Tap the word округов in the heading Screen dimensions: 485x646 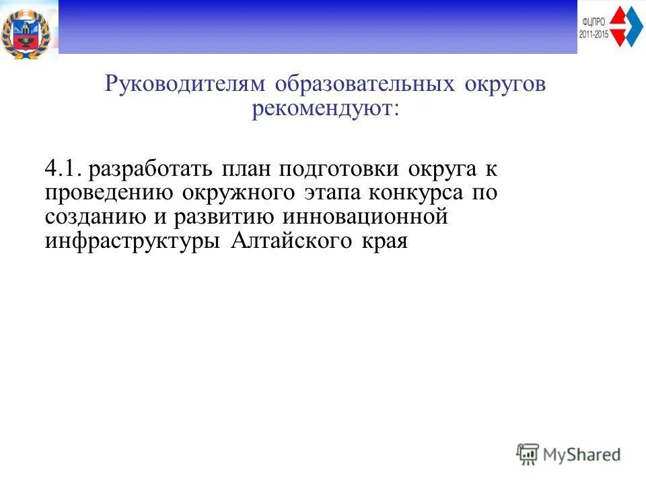click(505, 86)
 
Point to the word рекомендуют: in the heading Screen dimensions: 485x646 click(326, 109)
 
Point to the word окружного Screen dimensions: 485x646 click(238, 194)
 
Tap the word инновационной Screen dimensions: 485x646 click(365, 218)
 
